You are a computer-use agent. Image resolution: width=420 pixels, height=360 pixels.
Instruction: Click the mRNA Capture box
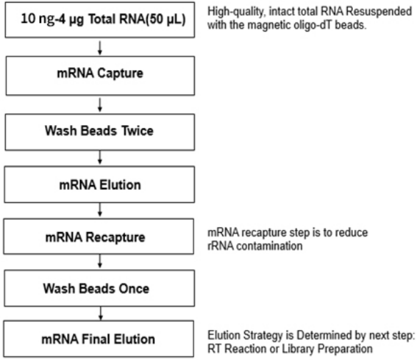(x=100, y=76)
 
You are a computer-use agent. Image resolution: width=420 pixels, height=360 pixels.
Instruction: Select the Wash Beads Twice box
(x=100, y=132)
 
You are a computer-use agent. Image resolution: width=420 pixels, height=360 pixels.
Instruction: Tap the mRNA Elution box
(x=99, y=184)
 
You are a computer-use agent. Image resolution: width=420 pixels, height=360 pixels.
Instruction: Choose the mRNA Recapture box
(x=99, y=236)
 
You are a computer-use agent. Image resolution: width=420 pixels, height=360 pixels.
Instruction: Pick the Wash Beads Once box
(x=99, y=288)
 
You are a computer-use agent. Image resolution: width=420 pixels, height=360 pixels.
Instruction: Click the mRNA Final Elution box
(x=99, y=339)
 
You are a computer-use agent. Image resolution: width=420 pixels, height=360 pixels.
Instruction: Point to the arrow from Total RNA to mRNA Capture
(x=100, y=48)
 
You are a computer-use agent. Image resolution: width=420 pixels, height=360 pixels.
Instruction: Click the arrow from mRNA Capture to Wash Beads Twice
(x=100, y=105)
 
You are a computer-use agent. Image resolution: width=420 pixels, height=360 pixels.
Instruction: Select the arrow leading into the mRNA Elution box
(x=100, y=157)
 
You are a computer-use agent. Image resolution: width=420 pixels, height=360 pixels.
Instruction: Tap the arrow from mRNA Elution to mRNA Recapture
(x=100, y=210)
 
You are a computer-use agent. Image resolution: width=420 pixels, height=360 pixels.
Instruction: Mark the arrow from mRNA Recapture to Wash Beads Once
(x=100, y=261)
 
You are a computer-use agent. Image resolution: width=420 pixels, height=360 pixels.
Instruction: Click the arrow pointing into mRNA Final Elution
(x=101, y=314)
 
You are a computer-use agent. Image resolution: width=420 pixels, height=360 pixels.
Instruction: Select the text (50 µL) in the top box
(x=166, y=19)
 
